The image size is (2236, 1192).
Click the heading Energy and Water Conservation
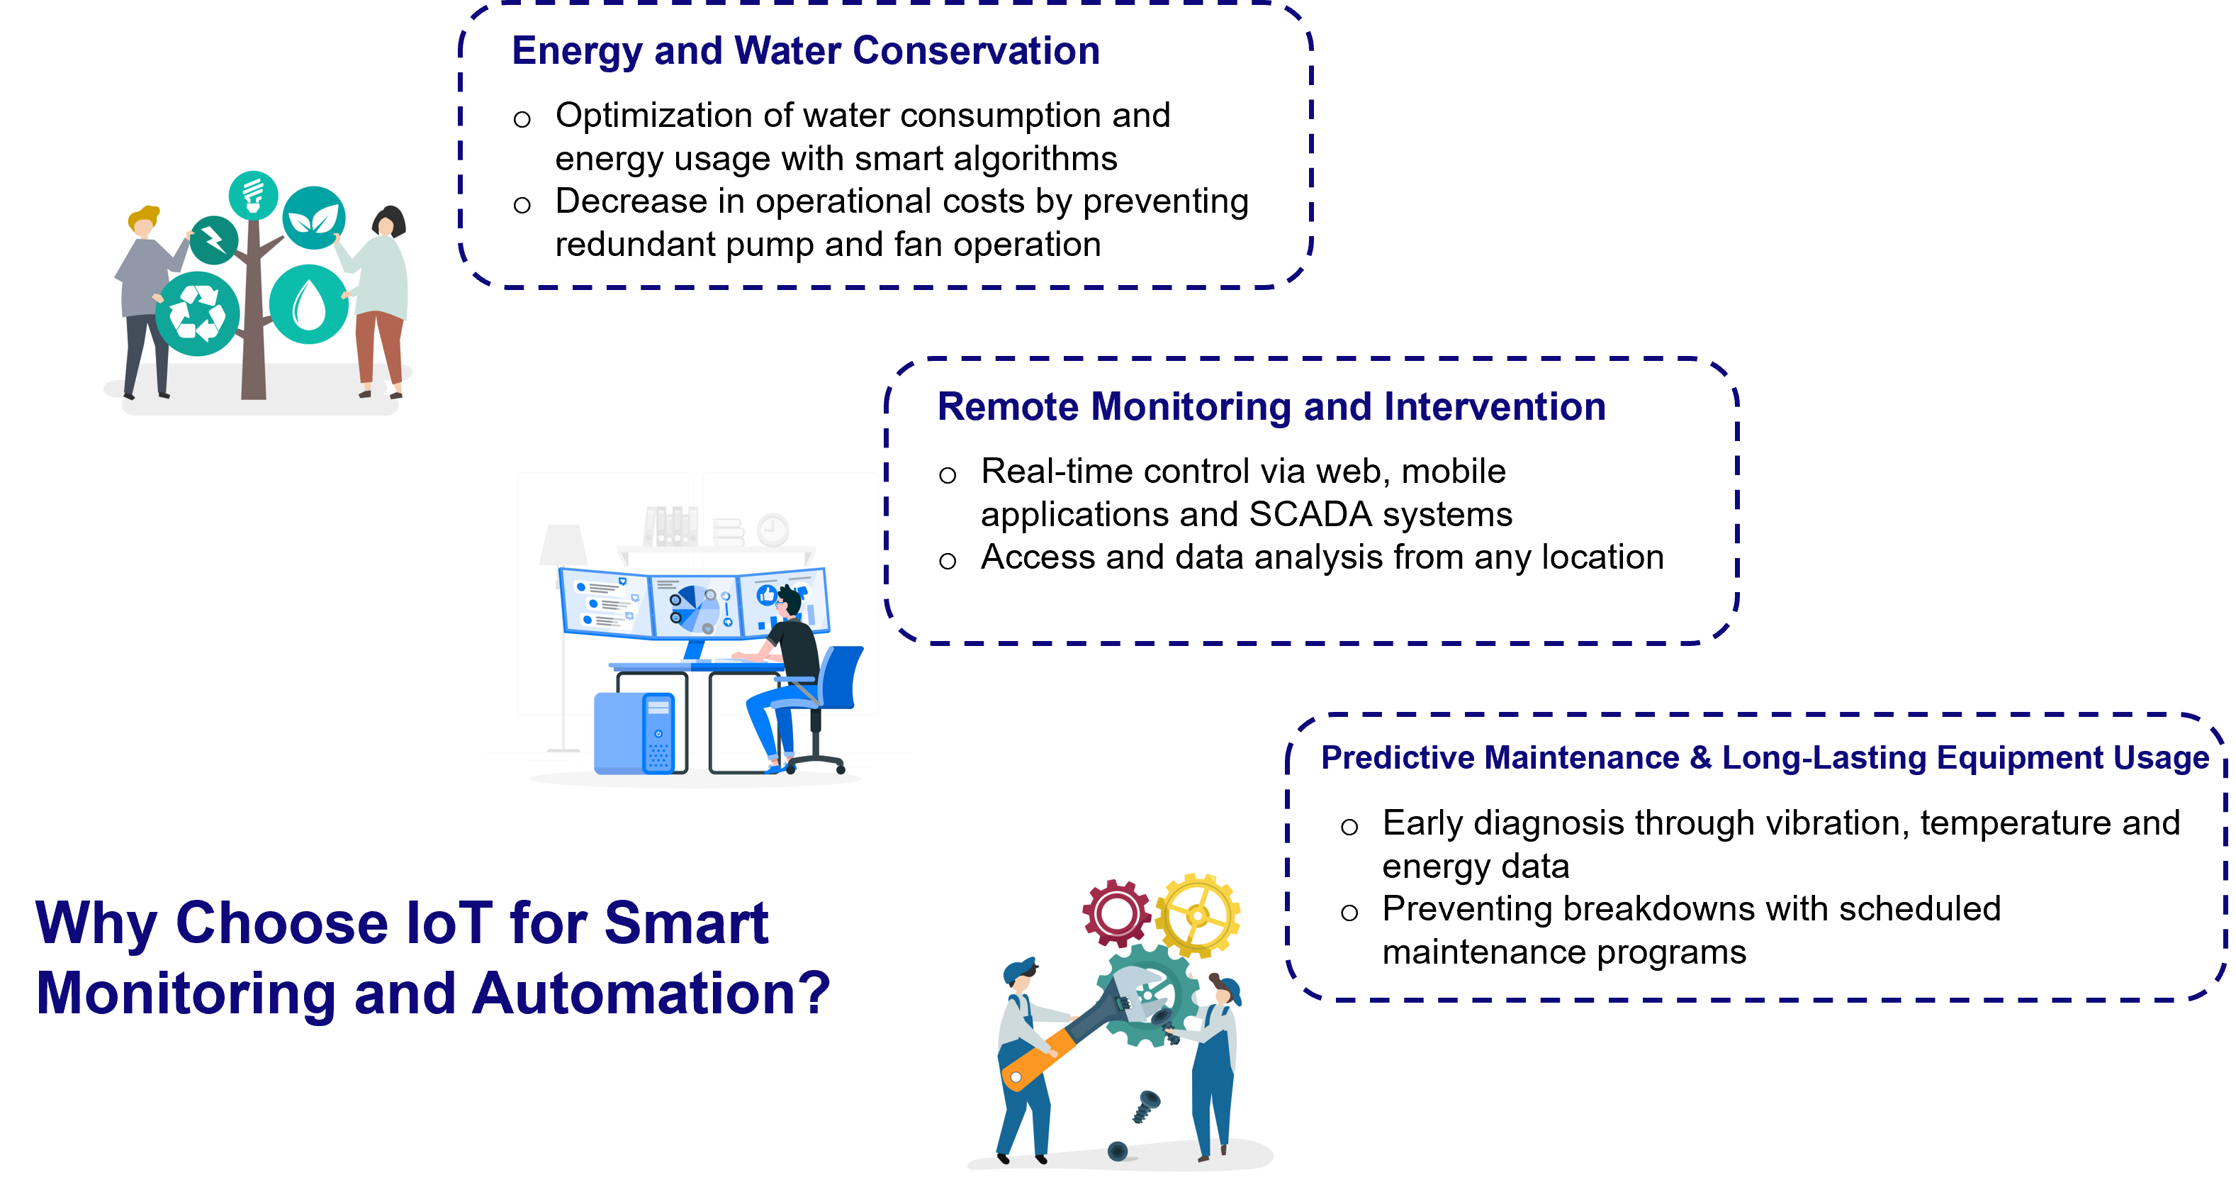pyautogui.click(x=806, y=51)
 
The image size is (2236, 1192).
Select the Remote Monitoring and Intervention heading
pyautogui.click(x=1271, y=407)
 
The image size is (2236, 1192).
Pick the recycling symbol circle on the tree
pyautogui.click(x=198, y=314)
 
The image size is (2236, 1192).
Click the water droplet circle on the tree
pyautogui.click(x=309, y=305)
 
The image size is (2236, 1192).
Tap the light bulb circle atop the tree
pyautogui.click(x=254, y=195)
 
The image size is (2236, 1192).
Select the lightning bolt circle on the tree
pyautogui.click(x=213, y=240)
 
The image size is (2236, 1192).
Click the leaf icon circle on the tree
pyautogui.click(x=313, y=218)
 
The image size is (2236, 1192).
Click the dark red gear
pyautogui.click(x=1116, y=913)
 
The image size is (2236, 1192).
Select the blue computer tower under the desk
pyautogui.click(x=634, y=734)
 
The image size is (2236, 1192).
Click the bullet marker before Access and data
pyautogui.click(x=947, y=561)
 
